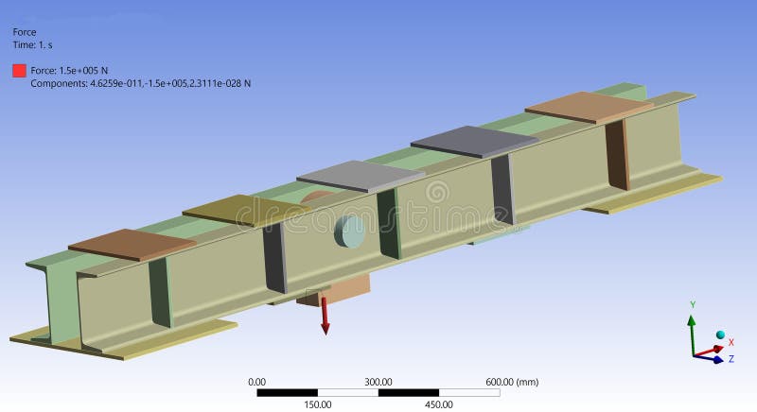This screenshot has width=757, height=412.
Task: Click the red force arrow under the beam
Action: pyautogui.click(x=325, y=316)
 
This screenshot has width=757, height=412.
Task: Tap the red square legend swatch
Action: pyautogui.click(x=19, y=70)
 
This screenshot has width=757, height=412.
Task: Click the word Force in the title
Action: pyautogui.click(x=24, y=31)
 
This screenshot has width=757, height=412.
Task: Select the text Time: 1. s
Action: pyautogui.click(x=37, y=44)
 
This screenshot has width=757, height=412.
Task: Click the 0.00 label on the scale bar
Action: pyautogui.click(x=256, y=382)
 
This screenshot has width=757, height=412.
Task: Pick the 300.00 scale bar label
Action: pyautogui.click(x=378, y=382)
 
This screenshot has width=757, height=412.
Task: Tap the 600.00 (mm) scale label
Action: pyautogui.click(x=512, y=382)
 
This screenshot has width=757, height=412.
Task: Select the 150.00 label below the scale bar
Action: pyautogui.click(x=317, y=404)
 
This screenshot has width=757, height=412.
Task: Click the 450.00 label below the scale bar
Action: pyautogui.click(x=439, y=404)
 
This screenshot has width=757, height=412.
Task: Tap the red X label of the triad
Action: pyautogui.click(x=731, y=342)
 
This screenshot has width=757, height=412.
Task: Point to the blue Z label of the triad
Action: pyautogui.click(x=731, y=359)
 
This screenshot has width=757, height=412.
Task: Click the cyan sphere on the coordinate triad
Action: pyautogui.click(x=720, y=336)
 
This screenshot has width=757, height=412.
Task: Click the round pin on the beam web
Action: pyautogui.click(x=348, y=231)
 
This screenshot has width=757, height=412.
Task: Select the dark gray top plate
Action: pyautogui.click(x=473, y=141)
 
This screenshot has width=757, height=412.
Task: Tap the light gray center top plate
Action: pyautogui.click(x=360, y=176)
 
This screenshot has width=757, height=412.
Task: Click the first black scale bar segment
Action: pyautogui.click(x=287, y=392)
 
